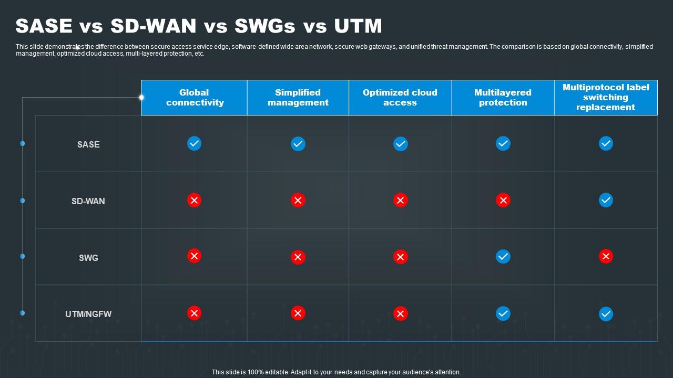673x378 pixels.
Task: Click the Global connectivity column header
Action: click(194, 98)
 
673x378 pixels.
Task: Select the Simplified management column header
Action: click(298, 98)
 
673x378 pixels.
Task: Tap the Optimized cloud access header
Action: click(400, 98)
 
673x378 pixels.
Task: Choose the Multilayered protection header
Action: click(503, 98)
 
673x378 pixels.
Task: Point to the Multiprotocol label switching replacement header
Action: click(606, 97)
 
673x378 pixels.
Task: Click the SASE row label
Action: click(88, 144)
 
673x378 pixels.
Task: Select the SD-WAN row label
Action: click(88, 201)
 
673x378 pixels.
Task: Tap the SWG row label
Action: click(88, 258)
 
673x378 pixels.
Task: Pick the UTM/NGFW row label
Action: click(88, 314)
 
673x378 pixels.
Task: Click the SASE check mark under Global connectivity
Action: click(194, 143)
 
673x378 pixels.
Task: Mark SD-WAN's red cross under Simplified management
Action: click(298, 200)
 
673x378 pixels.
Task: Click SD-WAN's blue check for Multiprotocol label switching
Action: click(606, 200)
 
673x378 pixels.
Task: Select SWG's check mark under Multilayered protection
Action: click(503, 256)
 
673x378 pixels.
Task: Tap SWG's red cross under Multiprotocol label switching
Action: click(606, 256)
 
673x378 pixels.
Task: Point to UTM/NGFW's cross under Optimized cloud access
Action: click(401, 313)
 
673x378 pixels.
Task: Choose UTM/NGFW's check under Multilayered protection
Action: click(503, 313)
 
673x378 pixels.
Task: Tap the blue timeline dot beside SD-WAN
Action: click(23, 201)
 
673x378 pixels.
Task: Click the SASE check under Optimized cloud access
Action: click(401, 143)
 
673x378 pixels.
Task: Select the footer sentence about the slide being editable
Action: click(336, 372)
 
